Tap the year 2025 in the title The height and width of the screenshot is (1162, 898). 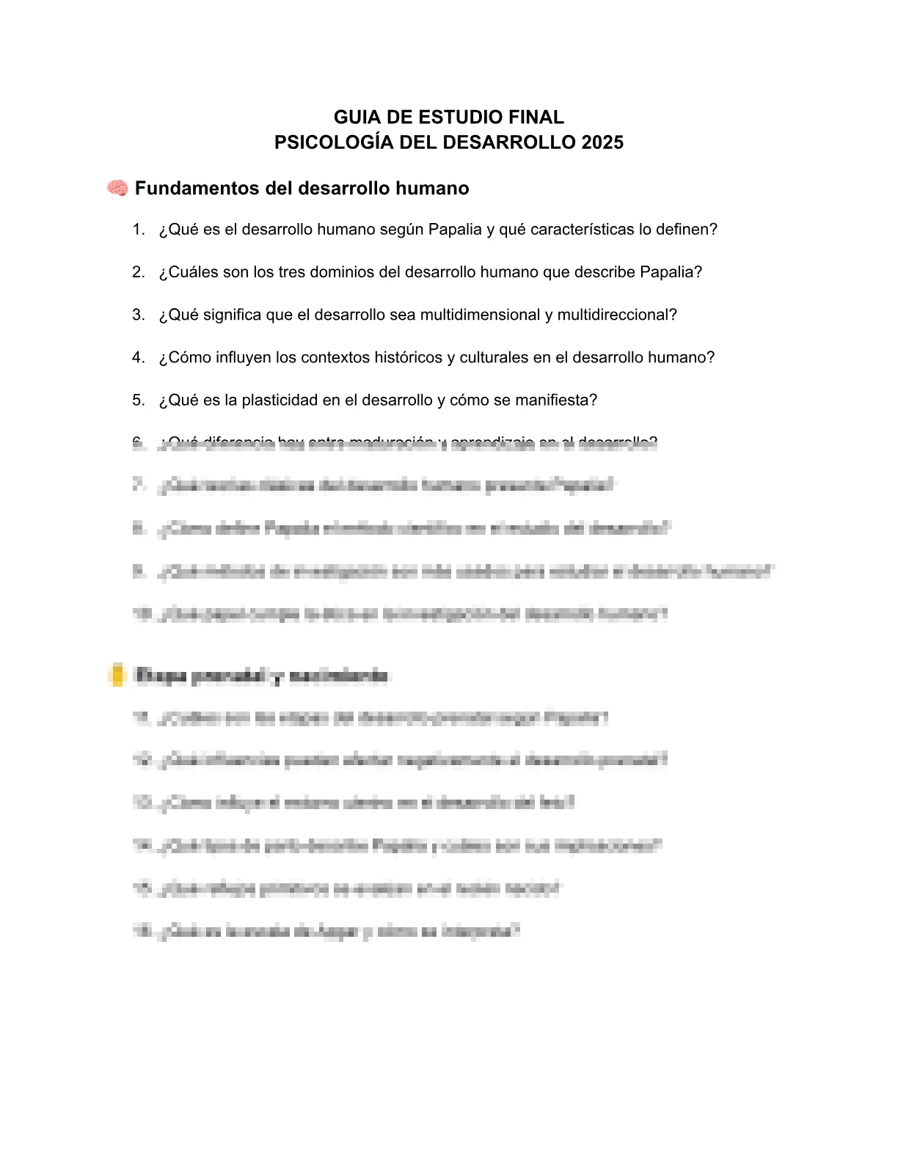[x=602, y=142]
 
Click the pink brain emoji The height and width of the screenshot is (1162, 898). [x=117, y=189]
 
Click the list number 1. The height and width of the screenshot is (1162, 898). [x=138, y=230]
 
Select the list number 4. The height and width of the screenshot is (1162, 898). [x=138, y=357]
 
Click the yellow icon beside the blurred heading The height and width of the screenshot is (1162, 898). [x=117, y=675]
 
